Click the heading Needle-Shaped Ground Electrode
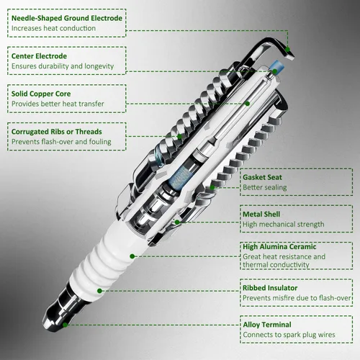[67, 18]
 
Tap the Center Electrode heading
[39, 56]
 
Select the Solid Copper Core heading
[41, 94]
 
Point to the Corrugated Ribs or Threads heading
[57, 132]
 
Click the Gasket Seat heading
[262, 177]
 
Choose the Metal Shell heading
[261, 215]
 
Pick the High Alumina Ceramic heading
[279, 247]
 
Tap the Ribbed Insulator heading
[270, 288]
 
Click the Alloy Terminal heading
[267, 325]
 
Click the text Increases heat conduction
[53, 28]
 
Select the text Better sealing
[265, 187]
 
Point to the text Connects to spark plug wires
[289, 335]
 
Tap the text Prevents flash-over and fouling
[61, 142]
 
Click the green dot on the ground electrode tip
[288, 50]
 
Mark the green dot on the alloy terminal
[65, 325]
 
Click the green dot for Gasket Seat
[212, 187]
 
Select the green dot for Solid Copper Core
[248, 104]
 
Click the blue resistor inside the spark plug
[179, 177]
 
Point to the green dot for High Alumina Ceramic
[132, 256]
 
